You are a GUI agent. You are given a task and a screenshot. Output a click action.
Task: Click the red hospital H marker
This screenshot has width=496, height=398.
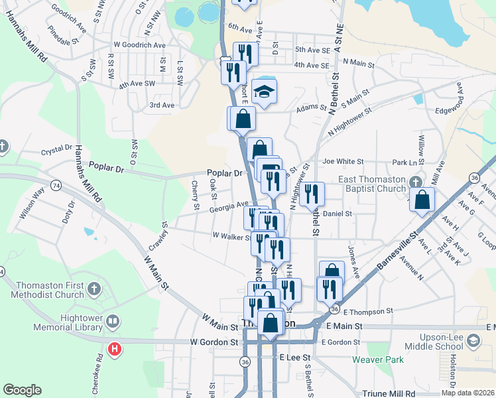click(x=115, y=348)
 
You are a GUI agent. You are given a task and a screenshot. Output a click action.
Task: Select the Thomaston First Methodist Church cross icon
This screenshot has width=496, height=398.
click(x=94, y=289)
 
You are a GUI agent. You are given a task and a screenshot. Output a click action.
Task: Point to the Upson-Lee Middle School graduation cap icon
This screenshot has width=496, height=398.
click(x=473, y=342)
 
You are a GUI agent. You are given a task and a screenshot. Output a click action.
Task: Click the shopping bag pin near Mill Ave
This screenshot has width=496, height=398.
click(x=422, y=200)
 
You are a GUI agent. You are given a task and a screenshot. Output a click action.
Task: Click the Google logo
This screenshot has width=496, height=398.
click(x=21, y=390)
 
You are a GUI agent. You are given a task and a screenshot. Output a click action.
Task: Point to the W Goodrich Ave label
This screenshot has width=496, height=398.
click(x=139, y=45)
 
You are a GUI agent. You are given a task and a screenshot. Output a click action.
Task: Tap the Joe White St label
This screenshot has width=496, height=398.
click(x=343, y=161)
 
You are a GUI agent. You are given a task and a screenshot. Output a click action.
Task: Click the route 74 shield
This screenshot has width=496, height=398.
click(x=56, y=186)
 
